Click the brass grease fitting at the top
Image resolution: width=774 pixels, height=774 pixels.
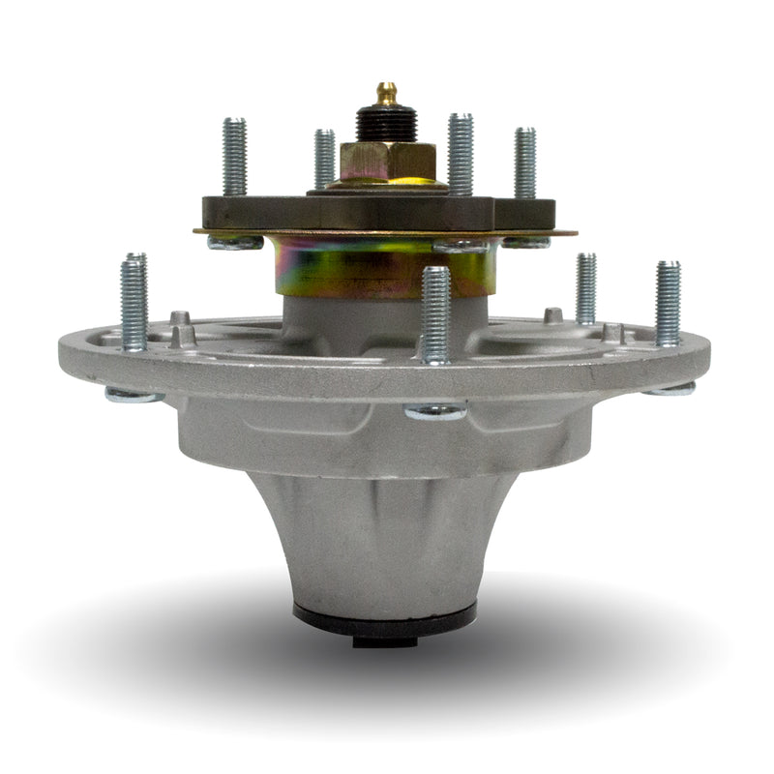click(x=387, y=94)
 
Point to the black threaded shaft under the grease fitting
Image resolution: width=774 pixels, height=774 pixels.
click(x=387, y=125)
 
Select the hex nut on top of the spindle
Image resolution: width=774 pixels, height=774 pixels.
click(x=387, y=160)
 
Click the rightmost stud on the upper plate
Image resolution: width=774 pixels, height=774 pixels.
click(x=524, y=163)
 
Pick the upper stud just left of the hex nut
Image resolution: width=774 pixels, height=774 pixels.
click(x=324, y=159)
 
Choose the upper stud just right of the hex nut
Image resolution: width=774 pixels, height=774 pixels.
click(x=460, y=154)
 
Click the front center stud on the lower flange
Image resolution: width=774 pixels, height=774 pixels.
click(x=435, y=314)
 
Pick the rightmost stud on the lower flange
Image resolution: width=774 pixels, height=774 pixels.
click(x=668, y=303)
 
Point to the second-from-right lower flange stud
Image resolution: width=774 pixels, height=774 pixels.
click(x=586, y=288)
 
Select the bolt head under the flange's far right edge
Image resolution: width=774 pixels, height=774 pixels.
click(x=670, y=389)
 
